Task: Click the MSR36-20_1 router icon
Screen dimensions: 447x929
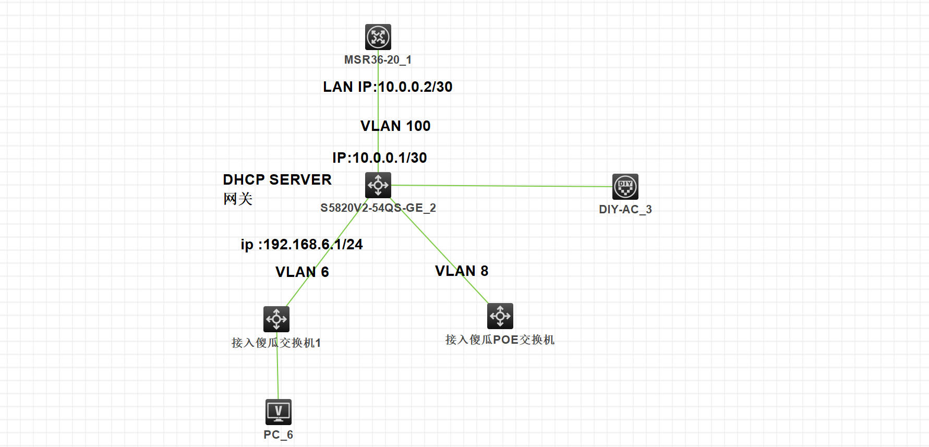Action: (x=378, y=37)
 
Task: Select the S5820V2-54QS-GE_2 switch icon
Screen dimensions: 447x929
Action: (x=378, y=185)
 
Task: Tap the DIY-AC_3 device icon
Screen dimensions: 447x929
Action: (x=625, y=187)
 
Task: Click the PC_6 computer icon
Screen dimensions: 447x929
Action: (x=279, y=412)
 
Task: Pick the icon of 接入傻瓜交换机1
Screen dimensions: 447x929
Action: (x=276, y=319)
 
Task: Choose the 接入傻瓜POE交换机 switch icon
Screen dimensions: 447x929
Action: (x=500, y=316)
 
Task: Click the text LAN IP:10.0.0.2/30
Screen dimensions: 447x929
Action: (x=388, y=87)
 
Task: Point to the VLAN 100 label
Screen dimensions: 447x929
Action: (x=395, y=126)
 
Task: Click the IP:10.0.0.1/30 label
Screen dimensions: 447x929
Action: (x=380, y=158)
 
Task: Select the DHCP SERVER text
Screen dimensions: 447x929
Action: (x=277, y=180)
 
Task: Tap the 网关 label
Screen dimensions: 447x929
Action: (x=238, y=199)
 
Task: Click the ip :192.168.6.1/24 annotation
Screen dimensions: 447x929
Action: (x=301, y=245)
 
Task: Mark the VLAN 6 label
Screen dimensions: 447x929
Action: (x=302, y=272)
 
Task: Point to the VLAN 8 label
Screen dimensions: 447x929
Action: (x=462, y=271)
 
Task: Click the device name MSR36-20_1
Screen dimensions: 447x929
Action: (x=378, y=60)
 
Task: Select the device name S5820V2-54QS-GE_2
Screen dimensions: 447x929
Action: (x=378, y=208)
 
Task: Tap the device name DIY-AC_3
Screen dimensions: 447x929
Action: (x=625, y=210)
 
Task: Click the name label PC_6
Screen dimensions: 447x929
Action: (x=279, y=435)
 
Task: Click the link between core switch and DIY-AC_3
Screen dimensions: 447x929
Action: (x=501, y=186)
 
